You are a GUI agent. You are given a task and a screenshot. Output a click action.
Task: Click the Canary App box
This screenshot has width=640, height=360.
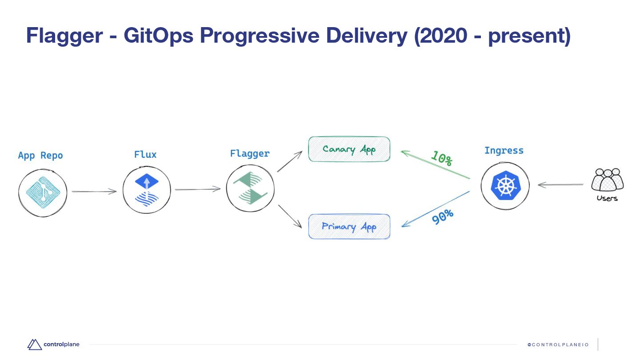pos(349,149)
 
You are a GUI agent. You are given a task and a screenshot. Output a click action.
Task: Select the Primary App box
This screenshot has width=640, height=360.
pos(349,227)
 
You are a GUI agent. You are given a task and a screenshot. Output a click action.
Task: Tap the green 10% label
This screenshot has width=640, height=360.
pos(441,159)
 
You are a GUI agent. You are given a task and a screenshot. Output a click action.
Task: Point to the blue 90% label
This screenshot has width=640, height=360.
pos(443,217)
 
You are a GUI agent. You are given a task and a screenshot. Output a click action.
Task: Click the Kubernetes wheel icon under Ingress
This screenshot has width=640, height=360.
pos(505,185)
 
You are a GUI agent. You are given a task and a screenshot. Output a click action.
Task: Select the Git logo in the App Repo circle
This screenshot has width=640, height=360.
pos(43,192)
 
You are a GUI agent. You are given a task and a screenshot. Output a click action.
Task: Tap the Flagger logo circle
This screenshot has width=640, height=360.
pos(250,188)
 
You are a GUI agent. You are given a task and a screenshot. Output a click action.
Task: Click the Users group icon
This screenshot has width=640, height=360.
pos(607,180)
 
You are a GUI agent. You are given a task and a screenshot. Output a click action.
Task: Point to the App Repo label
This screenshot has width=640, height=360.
pos(40,156)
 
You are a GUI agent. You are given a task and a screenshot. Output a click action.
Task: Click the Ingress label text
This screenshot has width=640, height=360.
pos(504,151)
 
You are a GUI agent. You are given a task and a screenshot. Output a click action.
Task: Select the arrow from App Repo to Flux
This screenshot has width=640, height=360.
pos(94,192)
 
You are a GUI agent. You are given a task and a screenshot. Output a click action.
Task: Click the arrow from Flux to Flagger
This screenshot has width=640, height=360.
pos(198,189)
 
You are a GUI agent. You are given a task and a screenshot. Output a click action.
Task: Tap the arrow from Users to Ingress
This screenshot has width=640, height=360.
pos(560,185)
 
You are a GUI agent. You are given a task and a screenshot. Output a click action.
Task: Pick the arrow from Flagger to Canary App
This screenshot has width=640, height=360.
pos(289,161)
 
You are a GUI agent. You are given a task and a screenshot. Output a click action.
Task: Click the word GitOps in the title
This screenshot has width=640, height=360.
pos(158,36)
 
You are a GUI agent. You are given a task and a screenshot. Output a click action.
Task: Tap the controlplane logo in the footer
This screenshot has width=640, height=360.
pos(53,344)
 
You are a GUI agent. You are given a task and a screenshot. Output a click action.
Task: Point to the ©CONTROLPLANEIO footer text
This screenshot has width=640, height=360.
pos(558,345)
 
